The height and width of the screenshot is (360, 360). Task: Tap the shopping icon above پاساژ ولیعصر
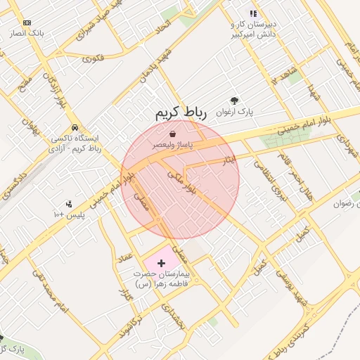[173, 133]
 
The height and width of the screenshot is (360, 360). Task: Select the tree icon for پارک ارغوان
[234, 101]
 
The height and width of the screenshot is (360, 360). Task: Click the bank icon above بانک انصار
[27, 22]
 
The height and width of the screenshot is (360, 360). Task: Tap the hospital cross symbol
[162, 263]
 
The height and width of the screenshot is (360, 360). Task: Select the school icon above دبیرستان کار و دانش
[253, 13]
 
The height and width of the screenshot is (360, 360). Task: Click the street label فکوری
[94, 58]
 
